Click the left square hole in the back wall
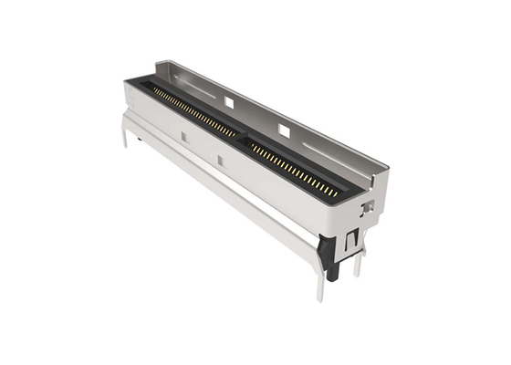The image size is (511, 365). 229,103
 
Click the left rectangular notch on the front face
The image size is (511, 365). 182,137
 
